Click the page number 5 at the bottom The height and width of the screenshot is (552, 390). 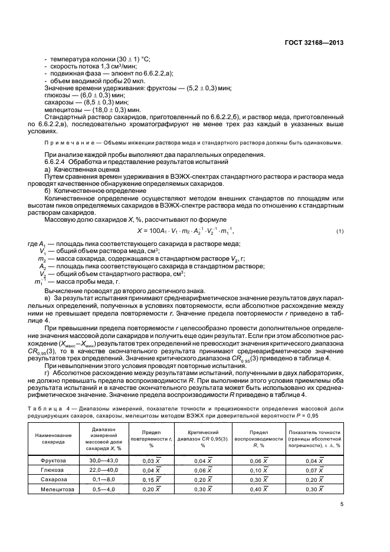(343, 504)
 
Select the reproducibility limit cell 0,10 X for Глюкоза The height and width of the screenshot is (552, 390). (258, 469)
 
